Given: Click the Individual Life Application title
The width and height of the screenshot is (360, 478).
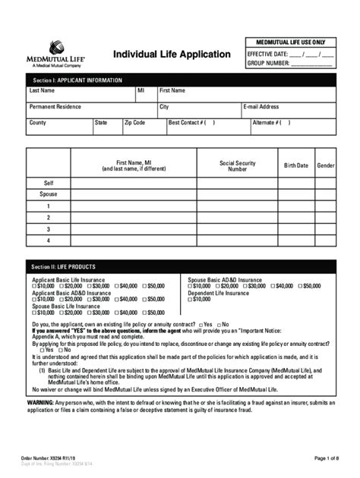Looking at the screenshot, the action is [x=172, y=54].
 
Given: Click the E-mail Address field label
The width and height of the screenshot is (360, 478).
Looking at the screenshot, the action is [x=261, y=107].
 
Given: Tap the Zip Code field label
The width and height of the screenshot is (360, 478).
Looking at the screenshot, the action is [x=134, y=122].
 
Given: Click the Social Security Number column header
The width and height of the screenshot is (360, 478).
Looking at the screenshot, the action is [x=236, y=165].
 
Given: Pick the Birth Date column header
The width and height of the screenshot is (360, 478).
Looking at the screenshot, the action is [x=296, y=165].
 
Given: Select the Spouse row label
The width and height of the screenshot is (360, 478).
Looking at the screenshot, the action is [x=48, y=194].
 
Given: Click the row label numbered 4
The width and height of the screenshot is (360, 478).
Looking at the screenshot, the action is [x=48, y=241].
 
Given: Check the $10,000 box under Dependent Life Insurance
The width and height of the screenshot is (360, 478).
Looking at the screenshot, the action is [x=191, y=299].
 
